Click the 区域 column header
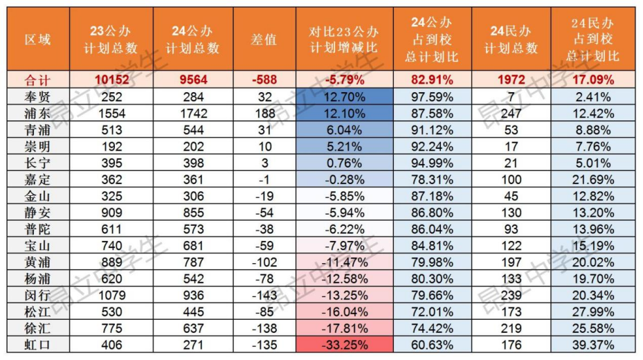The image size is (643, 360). pos(37,39)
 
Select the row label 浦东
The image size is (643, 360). pos(37,111)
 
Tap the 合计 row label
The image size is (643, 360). pos(37,80)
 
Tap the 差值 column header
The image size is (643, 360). pos(263,39)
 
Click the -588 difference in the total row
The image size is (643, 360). pos(263,80)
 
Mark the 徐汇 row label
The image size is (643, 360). pos(37,327)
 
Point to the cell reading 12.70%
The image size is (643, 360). pos(344,96)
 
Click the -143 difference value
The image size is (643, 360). pos(263,294)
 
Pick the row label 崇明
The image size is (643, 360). pos(37,145)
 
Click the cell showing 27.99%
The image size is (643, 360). pos(593,311)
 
